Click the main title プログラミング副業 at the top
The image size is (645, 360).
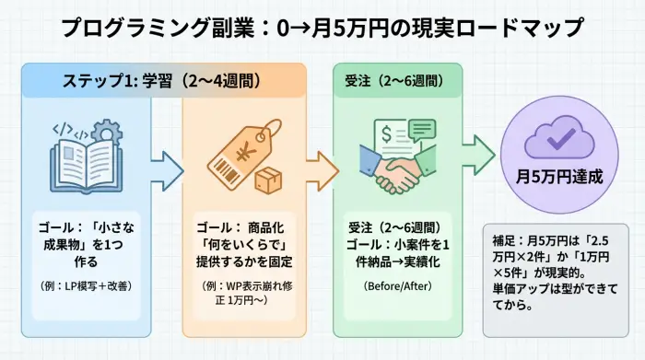coord(322,27)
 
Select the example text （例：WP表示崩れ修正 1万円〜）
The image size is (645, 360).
coord(240,293)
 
